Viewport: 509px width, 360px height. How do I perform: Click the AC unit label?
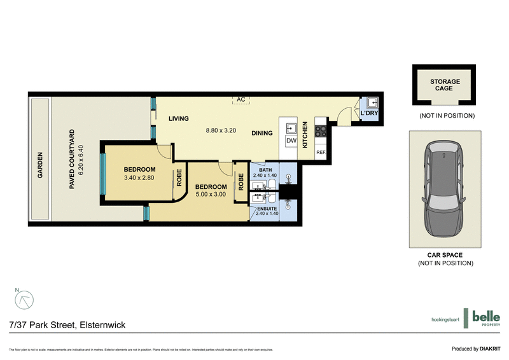pos(241,100)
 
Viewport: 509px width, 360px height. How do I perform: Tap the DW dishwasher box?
pos(291,141)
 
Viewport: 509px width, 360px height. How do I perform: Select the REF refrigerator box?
pos(321,153)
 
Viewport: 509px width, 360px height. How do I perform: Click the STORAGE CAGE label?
pos(445,86)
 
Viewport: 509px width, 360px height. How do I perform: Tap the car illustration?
pos(445,188)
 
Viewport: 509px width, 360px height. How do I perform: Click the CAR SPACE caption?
pos(445,255)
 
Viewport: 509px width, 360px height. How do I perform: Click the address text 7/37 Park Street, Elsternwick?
pos(67,325)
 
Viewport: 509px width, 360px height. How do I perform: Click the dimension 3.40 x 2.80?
pos(139,179)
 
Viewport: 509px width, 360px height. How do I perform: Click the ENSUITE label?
pos(266,208)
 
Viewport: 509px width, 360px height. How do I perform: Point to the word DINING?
pos(261,134)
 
